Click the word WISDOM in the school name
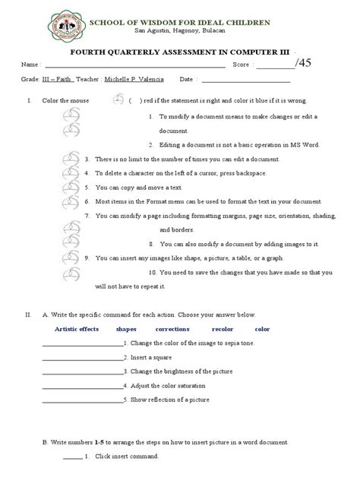162,23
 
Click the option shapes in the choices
127,329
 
